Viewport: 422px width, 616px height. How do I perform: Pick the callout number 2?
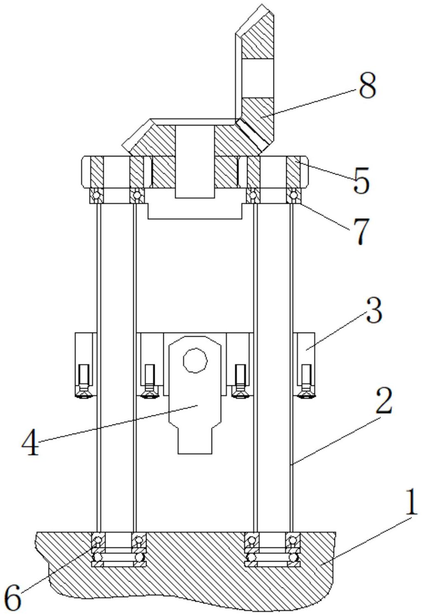tap(383, 400)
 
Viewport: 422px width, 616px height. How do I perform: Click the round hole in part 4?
tap(195, 360)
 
